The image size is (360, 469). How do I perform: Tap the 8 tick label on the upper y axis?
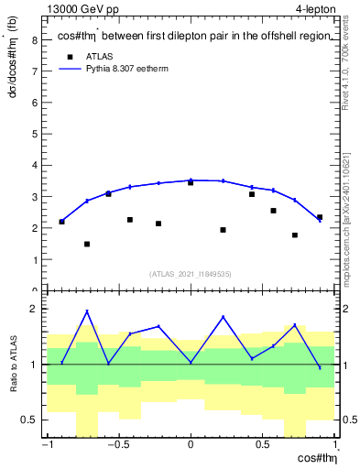click(34, 39)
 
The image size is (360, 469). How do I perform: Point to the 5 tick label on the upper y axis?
click(34, 134)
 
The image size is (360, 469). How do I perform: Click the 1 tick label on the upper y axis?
click(34, 260)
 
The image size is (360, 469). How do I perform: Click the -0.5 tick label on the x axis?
click(116, 446)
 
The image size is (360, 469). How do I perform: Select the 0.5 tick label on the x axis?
click(263, 446)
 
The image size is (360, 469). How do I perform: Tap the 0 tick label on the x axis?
click(191, 446)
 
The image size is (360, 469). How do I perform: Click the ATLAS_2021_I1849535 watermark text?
click(190, 273)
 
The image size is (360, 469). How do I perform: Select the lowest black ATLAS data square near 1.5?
click(87, 244)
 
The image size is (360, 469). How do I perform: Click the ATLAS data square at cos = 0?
click(191, 182)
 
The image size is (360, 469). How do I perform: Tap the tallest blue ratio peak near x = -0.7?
click(87, 311)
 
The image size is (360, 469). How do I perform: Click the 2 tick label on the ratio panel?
click(34, 310)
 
